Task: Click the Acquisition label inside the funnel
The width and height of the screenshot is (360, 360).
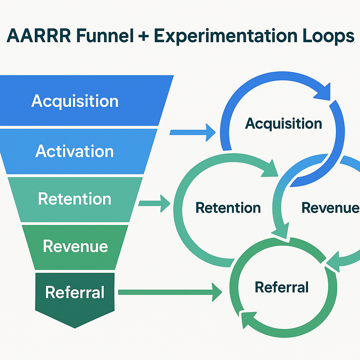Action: coord(75,101)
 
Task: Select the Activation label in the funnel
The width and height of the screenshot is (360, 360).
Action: coord(75,151)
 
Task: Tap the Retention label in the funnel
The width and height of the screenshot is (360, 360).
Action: coord(75,199)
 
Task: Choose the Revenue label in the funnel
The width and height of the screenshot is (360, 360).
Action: coord(75,246)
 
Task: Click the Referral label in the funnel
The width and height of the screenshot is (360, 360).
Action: coord(75,292)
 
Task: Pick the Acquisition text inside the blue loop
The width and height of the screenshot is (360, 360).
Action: coord(283,123)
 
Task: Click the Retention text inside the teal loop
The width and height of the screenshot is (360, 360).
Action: coord(228,207)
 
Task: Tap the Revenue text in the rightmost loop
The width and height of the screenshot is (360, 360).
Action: coord(330,208)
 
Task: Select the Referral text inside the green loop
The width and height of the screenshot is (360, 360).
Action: coord(282,287)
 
